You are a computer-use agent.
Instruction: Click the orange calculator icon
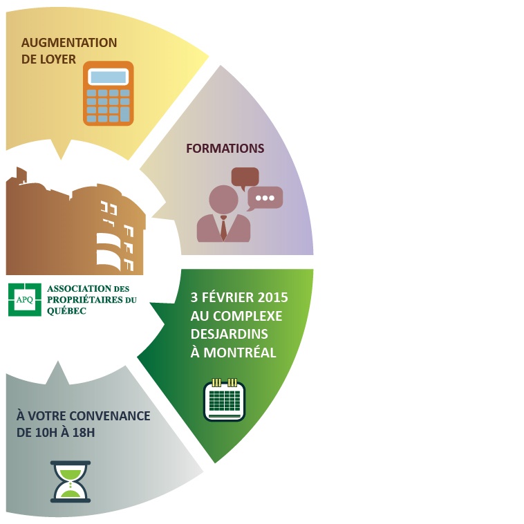108,93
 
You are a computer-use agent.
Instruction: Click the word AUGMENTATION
69,43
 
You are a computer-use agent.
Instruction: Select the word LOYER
59,59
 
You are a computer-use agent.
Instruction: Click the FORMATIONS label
225,149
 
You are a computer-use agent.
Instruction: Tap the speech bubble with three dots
265,198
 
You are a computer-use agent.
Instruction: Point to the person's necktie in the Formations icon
223,228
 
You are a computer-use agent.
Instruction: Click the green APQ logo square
25,299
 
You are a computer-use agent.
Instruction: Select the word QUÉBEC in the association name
66,311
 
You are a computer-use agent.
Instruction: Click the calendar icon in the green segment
224,400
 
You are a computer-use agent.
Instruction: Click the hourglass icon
71,481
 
